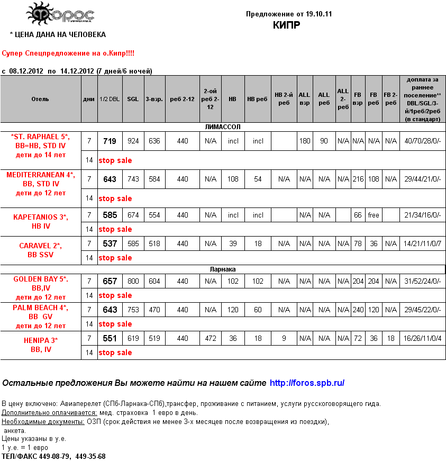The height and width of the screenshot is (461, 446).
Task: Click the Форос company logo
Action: coord(60,14)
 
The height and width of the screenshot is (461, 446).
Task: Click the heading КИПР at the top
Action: coord(287,25)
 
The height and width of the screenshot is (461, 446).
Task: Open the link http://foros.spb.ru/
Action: coord(307,383)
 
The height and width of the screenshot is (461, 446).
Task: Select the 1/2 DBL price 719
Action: coord(110,141)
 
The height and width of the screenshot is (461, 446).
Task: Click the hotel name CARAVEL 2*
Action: coord(40,246)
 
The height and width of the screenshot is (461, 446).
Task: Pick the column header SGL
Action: coord(133,99)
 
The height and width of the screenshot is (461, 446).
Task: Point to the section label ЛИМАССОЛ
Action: coord(223,127)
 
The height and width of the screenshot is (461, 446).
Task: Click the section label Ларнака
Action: coord(223,269)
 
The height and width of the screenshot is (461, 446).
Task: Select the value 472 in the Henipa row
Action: coord(211,338)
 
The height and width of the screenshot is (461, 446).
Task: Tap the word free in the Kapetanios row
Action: coord(374,215)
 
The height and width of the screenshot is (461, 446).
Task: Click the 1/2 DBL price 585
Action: coord(110,215)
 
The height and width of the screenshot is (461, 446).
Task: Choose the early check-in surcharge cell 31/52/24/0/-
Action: coord(422,282)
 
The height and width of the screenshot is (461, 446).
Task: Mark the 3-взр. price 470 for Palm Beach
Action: coord(154,310)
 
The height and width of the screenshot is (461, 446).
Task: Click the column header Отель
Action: coord(40,99)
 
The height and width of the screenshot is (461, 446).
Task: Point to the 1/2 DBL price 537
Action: coord(110,244)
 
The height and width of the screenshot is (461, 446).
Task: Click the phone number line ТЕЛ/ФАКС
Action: coord(53,456)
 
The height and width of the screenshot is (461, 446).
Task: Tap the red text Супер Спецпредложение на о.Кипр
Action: coord(68,54)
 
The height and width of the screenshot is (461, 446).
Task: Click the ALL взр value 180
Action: coord(305,141)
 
